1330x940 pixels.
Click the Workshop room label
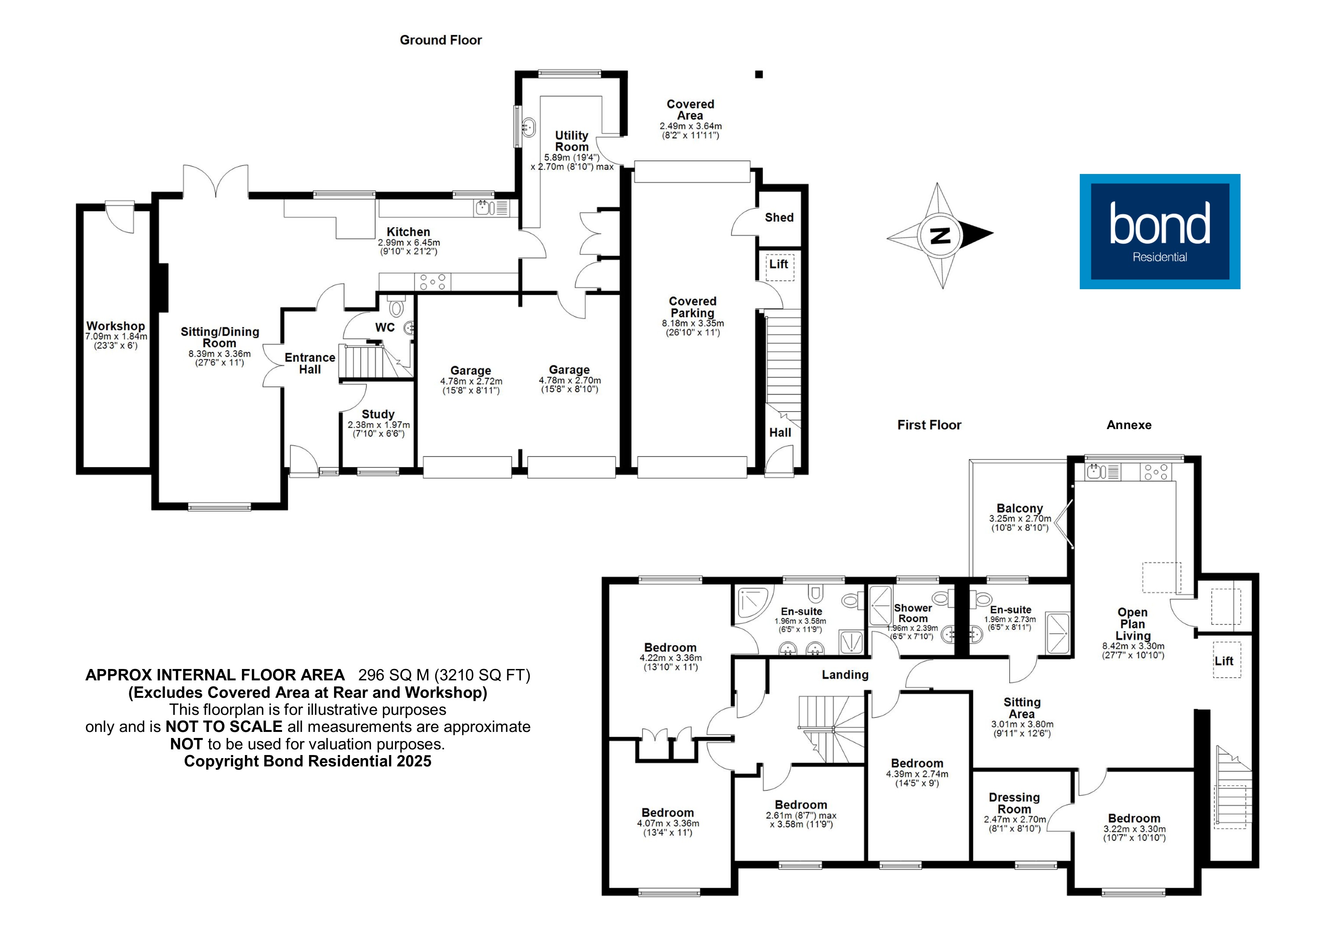click(x=116, y=326)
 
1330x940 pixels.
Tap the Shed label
click(x=779, y=218)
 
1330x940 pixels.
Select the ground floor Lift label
click(x=778, y=264)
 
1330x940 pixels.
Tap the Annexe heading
click(x=1128, y=425)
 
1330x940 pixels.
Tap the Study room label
click(x=378, y=414)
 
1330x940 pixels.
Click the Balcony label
click(x=1019, y=509)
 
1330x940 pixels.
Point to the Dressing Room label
click(x=1014, y=803)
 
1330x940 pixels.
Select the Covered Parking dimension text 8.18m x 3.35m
click(x=693, y=323)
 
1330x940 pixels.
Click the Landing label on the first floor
click(x=845, y=675)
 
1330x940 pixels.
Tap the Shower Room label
click(x=913, y=613)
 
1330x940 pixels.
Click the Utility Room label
click(x=572, y=141)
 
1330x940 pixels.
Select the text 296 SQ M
click(x=394, y=675)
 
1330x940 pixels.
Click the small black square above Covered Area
click(x=759, y=74)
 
